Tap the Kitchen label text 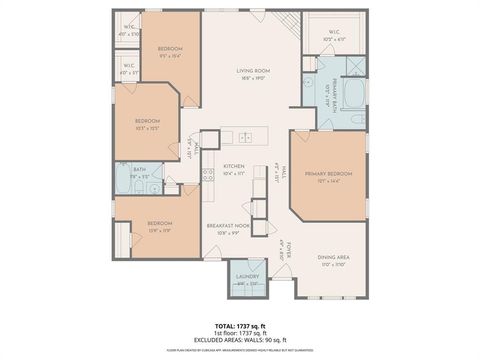[234, 168]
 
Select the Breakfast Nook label [227, 228]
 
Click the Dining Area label [333, 260]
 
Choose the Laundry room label [247, 279]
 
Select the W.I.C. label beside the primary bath [334, 35]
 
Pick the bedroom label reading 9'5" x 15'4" [170, 52]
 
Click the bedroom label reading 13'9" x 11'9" [160, 226]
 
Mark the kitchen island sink [246, 136]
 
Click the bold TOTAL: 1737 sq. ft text [240, 326]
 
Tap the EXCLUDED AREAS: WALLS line [240, 341]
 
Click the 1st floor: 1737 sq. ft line [240, 334]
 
